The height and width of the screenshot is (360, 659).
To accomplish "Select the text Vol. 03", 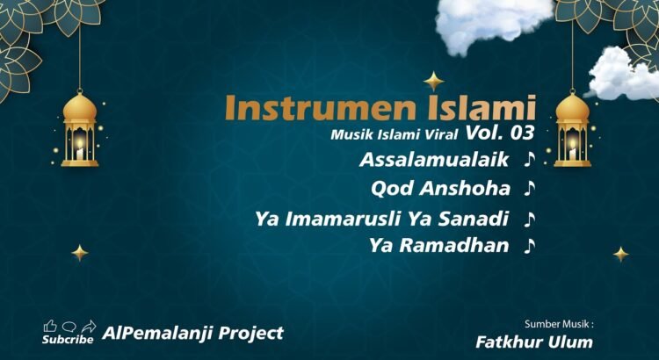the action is (500, 133).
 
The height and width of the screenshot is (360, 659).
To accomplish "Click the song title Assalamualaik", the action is (434, 160).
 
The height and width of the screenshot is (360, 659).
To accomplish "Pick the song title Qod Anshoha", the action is (440, 189).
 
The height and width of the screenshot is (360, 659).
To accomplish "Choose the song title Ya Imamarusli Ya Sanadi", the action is (381, 220).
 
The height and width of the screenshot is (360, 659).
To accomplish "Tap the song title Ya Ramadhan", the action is (438, 246).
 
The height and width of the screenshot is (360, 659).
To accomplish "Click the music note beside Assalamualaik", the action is (530, 160).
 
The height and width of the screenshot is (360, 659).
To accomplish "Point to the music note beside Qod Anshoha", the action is (530, 189).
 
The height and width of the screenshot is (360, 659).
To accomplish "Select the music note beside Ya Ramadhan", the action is (530, 246).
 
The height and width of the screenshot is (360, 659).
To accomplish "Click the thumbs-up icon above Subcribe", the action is (50, 326).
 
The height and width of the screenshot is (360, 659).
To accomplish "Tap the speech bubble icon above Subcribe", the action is (69, 327).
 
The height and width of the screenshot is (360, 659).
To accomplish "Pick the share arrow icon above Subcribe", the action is (89, 326).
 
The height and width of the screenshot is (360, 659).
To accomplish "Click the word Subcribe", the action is (68, 340).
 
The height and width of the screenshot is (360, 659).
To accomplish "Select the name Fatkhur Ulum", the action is (534, 342).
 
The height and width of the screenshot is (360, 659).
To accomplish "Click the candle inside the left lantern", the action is (80, 148).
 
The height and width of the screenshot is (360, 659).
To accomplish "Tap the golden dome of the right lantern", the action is (572, 107).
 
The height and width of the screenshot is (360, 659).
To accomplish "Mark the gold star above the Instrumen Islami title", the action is (434, 81).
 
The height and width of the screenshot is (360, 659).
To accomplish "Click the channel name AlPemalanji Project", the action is (193, 333).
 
